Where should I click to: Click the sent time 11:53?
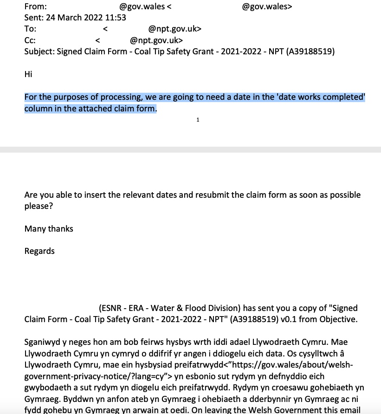pos(116,18)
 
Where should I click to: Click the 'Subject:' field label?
pos(39,52)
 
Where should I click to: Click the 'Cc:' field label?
pos(30,40)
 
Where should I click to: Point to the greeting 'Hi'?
pos(28,74)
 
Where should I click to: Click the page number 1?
pos(198,120)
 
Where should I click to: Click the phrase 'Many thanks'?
pos(49,228)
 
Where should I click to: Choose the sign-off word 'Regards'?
pos(39,251)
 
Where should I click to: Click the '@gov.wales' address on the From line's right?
pos(267,6)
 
